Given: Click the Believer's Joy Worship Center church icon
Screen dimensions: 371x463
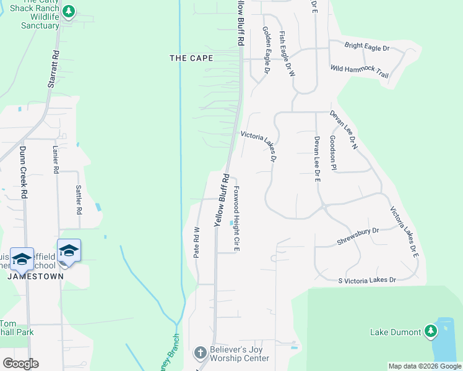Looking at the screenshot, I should point(199,353).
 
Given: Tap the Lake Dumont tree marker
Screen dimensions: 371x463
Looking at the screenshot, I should point(430,332).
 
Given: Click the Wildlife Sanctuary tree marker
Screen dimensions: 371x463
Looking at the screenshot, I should point(69,12).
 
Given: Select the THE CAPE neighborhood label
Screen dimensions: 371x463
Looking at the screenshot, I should point(192,58).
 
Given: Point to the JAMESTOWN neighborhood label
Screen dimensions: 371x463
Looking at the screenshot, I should point(36,276).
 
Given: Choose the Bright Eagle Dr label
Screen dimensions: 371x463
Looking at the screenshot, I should point(367,47).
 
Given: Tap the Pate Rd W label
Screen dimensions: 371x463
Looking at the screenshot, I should point(196,242).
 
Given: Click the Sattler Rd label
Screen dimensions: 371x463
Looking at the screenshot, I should point(79,199).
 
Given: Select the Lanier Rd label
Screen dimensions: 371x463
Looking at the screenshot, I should point(55,160).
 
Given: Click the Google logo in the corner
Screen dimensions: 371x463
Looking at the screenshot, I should point(20,364).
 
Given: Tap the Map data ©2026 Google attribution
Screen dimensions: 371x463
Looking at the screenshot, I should point(425,366).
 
